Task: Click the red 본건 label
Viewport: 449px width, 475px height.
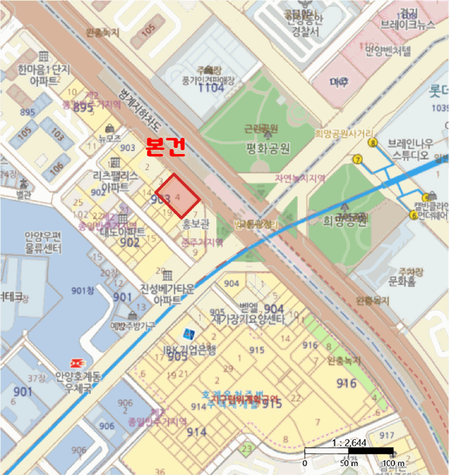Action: pyautogui.click(x=165, y=148)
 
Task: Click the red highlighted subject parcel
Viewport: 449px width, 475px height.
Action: pyautogui.click(x=178, y=197)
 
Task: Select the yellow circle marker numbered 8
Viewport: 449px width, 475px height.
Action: pyautogui.click(x=373, y=142)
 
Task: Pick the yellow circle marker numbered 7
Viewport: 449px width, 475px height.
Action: pyautogui.click(x=357, y=159)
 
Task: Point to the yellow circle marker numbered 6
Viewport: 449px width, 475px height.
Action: pyautogui.click(x=414, y=215)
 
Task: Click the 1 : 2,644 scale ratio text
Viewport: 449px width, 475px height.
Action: pyautogui.click(x=347, y=442)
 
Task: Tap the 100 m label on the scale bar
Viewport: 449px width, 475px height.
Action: pyautogui.click(x=393, y=463)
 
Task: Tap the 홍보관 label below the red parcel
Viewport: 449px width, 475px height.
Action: pyautogui.click(x=196, y=222)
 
